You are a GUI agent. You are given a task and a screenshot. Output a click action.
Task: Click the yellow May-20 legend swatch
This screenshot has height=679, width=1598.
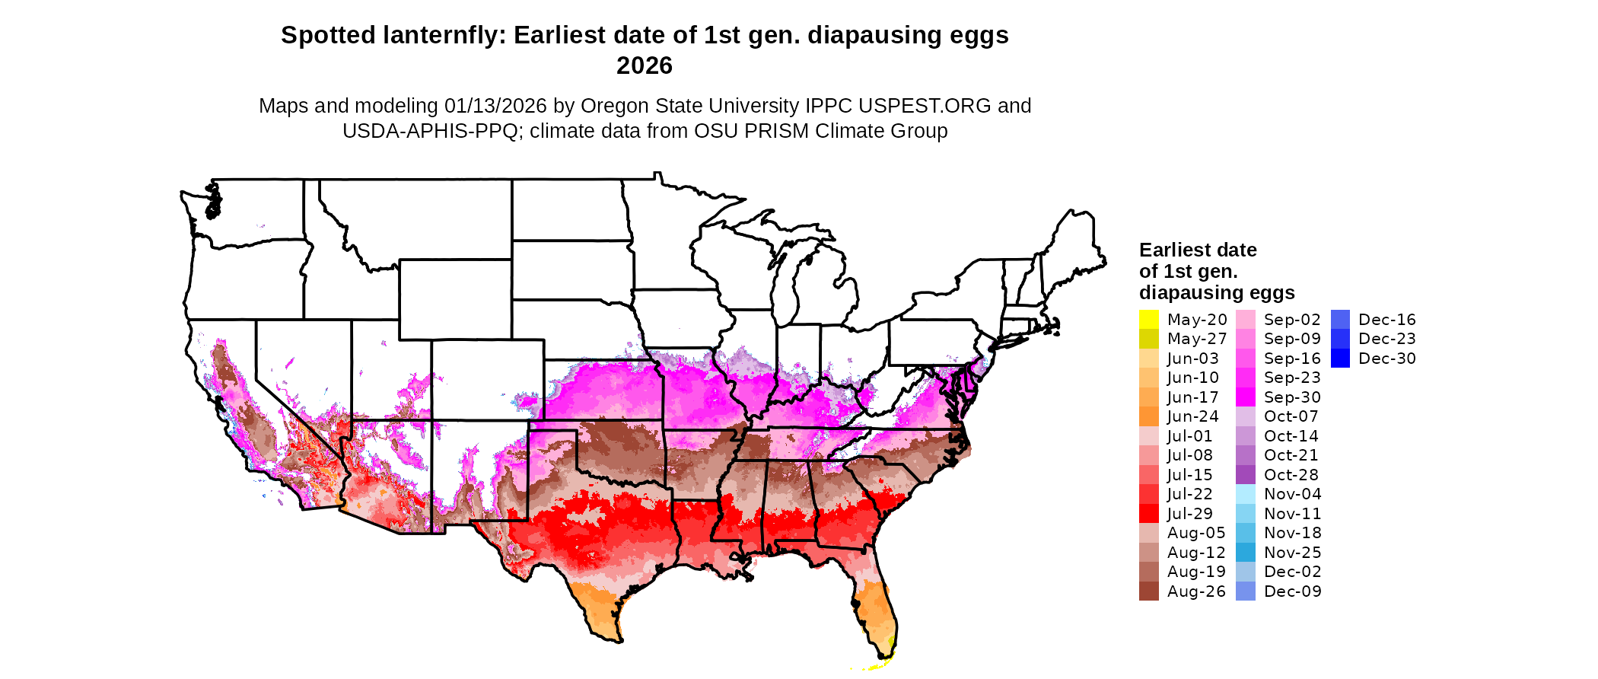pyautogui.click(x=1148, y=320)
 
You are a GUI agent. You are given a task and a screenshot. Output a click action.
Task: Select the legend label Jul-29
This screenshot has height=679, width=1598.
pyautogui.click(x=1189, y=514)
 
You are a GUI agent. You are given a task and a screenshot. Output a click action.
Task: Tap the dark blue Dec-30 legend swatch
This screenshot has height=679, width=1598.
pyautogui.click(x=1341, y=359)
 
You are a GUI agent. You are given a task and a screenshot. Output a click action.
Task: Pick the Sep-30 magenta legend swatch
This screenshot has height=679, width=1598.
pyautogui.click(x=1246, y=397)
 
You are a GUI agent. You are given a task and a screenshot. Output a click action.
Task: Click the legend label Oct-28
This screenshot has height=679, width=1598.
pyautogui.click(x=1291, y=475)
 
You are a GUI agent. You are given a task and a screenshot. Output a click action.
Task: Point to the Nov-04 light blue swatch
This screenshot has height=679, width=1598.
pyautogui.click(x=1246, y=494)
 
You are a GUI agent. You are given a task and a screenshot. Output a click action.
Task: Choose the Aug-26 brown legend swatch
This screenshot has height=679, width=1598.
pyautogui.click(x=1148, y=591)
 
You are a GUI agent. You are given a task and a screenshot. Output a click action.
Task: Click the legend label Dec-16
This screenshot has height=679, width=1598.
pyautogui.click(x=1386, y=320)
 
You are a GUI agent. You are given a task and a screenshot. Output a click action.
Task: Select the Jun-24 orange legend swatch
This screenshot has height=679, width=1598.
pyautogui.click(x=1148, y=416)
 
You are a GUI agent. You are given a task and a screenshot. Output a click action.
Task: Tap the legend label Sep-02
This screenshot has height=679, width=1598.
pyautogui.click(x=1292, y=320)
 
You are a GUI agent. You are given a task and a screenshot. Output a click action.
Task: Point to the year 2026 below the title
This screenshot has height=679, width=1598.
pyautogui.click(x=645, y=65)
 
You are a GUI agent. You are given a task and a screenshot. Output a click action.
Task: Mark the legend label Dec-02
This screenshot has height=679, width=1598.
pyautogui.click(x=1292, y=572)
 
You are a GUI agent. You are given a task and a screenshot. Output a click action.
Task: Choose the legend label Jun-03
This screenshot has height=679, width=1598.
pyautogui.click(x=1192, y=359)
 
